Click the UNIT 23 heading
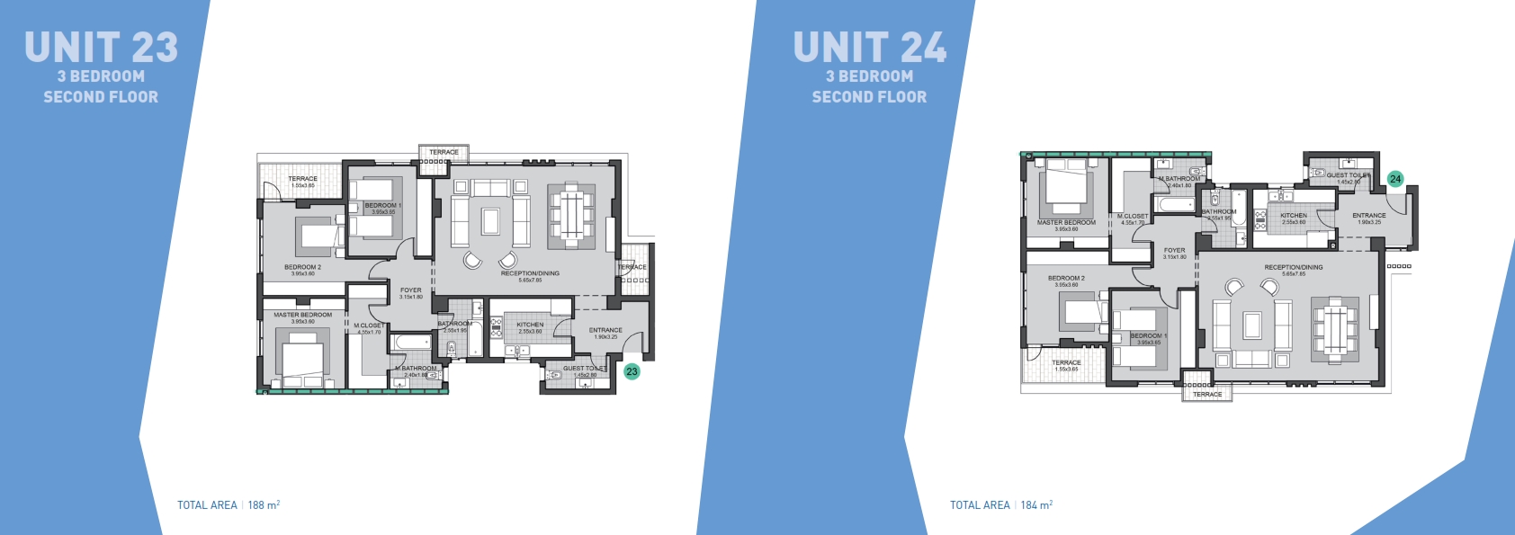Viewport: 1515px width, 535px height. tap(101, 48)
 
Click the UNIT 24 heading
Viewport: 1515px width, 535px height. tap(869, 48)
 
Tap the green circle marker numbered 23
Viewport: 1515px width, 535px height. tap(632, 371)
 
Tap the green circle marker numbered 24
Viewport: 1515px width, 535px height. tap(1395, 179)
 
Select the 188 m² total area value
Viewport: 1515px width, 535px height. tap(264, 505)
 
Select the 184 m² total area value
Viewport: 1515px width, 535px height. tap(1036, 505)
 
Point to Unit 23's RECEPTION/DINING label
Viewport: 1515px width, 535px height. tap(530, 273)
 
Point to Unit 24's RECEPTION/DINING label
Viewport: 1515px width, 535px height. tap(1294, 268)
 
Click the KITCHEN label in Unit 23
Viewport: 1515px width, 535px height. tap(530, 325)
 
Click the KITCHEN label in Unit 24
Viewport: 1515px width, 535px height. tap(1294, 216)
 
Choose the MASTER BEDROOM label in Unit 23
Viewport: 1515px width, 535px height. tap(303, 315)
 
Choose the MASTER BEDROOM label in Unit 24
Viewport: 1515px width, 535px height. tap(1066, 223)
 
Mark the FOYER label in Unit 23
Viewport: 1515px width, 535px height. tap(411, 290)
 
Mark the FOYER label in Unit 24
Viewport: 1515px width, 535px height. tap(1175, 251)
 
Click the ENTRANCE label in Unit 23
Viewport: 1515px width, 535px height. tap(605, 330)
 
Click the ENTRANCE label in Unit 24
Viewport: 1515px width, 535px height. tap(1369, 216)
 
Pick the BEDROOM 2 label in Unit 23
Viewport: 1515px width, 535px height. tap(302, 267)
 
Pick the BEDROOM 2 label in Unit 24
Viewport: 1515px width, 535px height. tap(1066, 279)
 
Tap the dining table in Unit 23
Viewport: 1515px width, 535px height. tap(571, 216)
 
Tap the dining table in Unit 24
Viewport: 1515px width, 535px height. tap(1334, 330)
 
